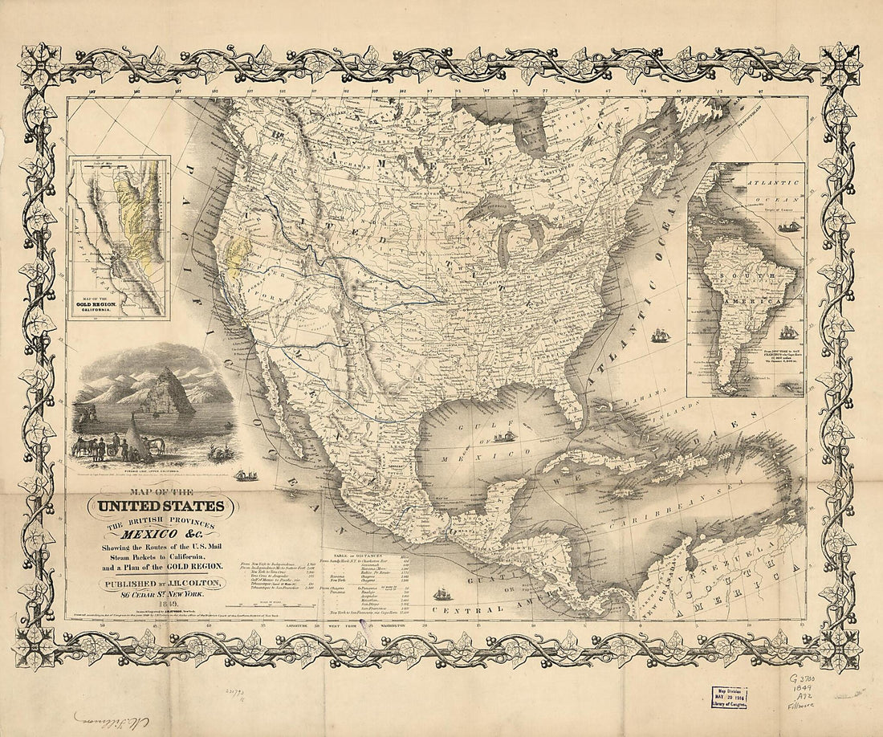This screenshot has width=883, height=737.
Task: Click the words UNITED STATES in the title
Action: click(x=161, y=507)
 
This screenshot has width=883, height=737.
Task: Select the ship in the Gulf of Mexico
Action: click(x=505, y=437)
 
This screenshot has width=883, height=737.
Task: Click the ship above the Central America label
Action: click(x=443, y=594)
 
